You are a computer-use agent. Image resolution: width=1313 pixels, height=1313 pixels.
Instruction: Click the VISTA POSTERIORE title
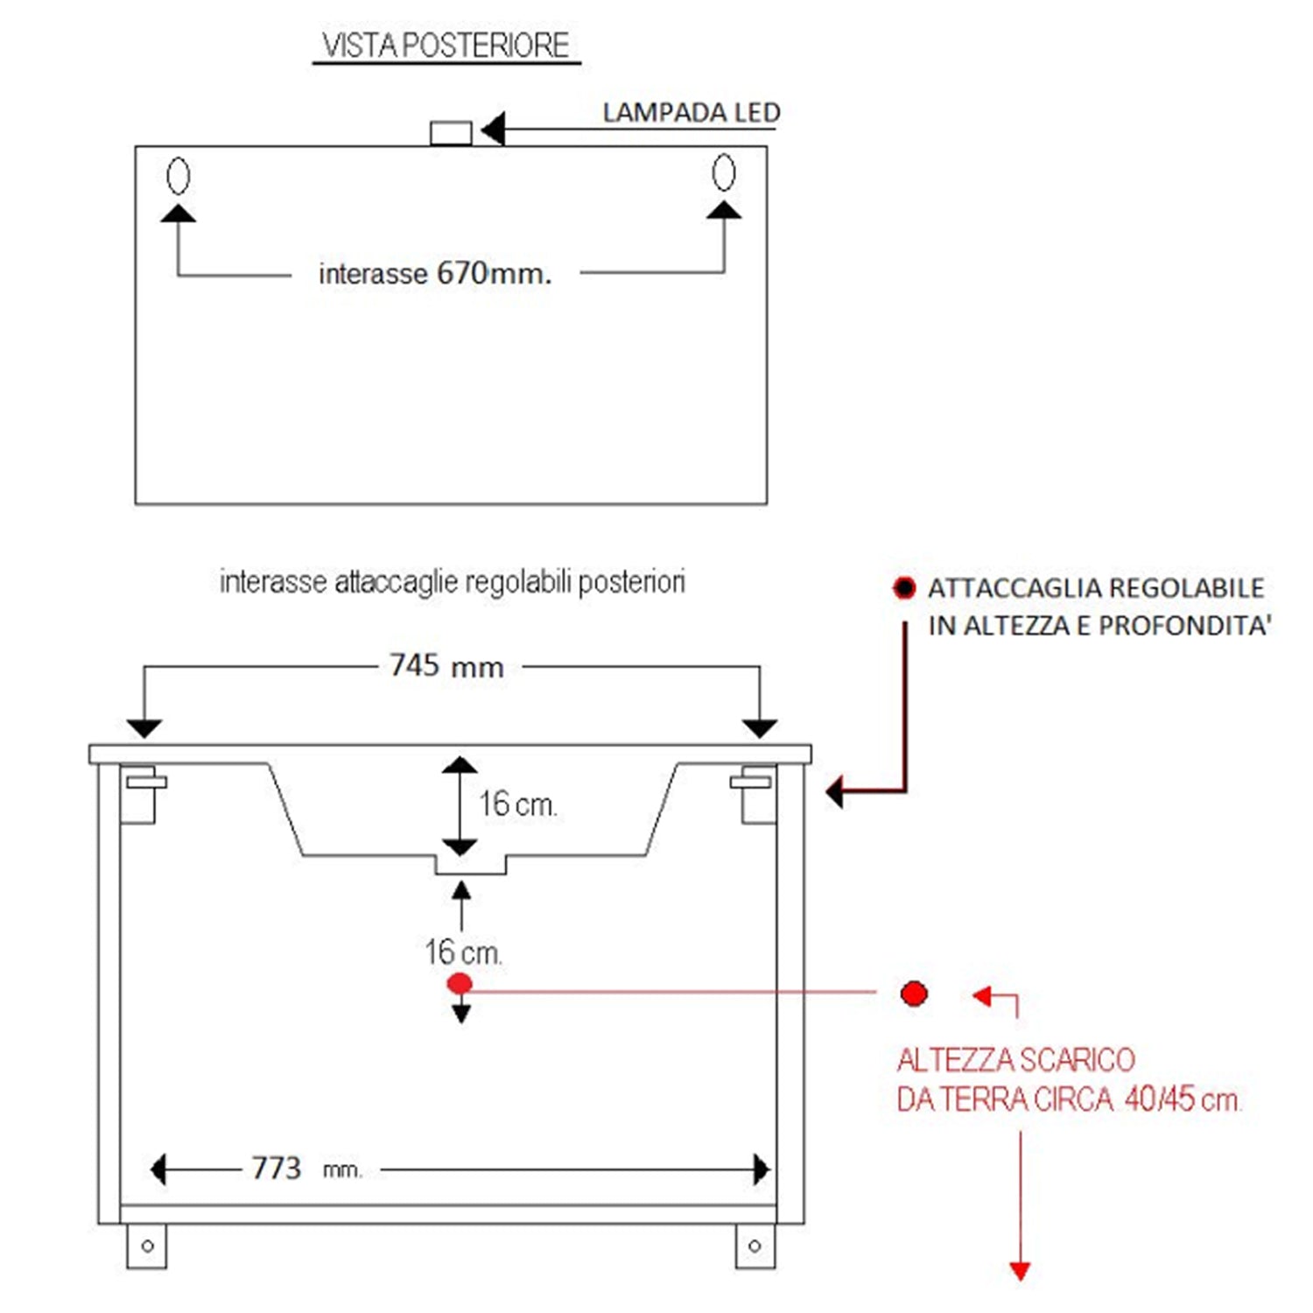click(x=446, y=46)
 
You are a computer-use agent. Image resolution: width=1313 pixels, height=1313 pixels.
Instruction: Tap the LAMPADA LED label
click(x=691, y=113)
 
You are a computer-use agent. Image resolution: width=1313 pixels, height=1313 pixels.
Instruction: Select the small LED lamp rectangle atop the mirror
click(x=451, y=133)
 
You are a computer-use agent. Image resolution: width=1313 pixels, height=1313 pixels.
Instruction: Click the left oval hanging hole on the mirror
click(x=178, y=176)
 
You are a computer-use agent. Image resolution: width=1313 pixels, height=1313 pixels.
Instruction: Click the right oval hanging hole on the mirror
click(x=724, y=172)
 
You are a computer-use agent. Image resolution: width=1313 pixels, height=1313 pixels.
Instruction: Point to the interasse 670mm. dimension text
click(x=435, y=274)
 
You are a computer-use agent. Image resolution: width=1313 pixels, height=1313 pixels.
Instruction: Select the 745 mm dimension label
click(x=446, y=666)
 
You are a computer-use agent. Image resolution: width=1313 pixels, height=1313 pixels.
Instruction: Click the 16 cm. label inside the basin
click(x=517, y=804)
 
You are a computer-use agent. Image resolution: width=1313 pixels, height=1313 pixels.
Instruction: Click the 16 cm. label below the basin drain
click(x=463, y=952)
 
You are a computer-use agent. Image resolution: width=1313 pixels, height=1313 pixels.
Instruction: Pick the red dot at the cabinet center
click(x=460, y=984)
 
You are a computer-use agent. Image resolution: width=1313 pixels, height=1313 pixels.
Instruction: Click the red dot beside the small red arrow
click(x=914, y=994)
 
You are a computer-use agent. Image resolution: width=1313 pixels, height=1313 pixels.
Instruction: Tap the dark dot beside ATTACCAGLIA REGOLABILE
click(x=904, y=587)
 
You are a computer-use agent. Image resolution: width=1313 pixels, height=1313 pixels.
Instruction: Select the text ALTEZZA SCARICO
click(x=1015, y=1060)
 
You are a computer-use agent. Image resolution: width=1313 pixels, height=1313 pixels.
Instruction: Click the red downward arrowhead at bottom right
click(x=1020, y=1270)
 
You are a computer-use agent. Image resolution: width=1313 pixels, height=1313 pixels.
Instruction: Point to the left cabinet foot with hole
click(x=146, y=1246)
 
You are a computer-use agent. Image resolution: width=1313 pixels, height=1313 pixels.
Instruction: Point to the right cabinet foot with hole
click(x=755, y=1246)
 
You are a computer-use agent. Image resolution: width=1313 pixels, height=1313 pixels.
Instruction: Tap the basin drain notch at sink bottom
click(x=471, y=864)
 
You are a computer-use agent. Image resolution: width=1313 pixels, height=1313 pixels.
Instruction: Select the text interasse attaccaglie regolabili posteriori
click(x=452, y=582)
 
